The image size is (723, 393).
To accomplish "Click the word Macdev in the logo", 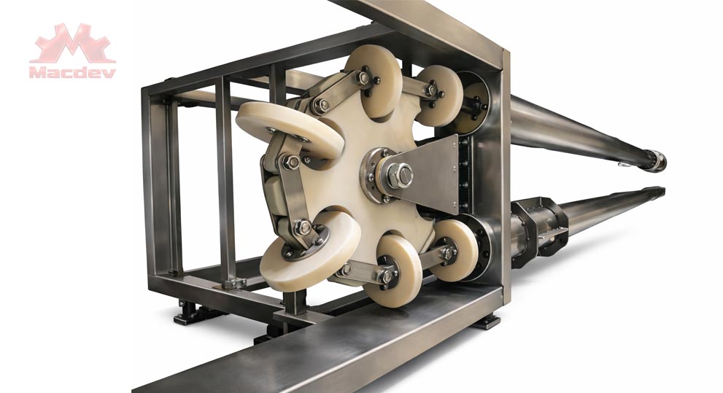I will pos(72,72).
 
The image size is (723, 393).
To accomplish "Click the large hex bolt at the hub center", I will pos(399,175).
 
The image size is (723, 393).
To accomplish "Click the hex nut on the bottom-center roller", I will pos(387,276).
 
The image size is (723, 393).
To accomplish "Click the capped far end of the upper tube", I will pos(657,160).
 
